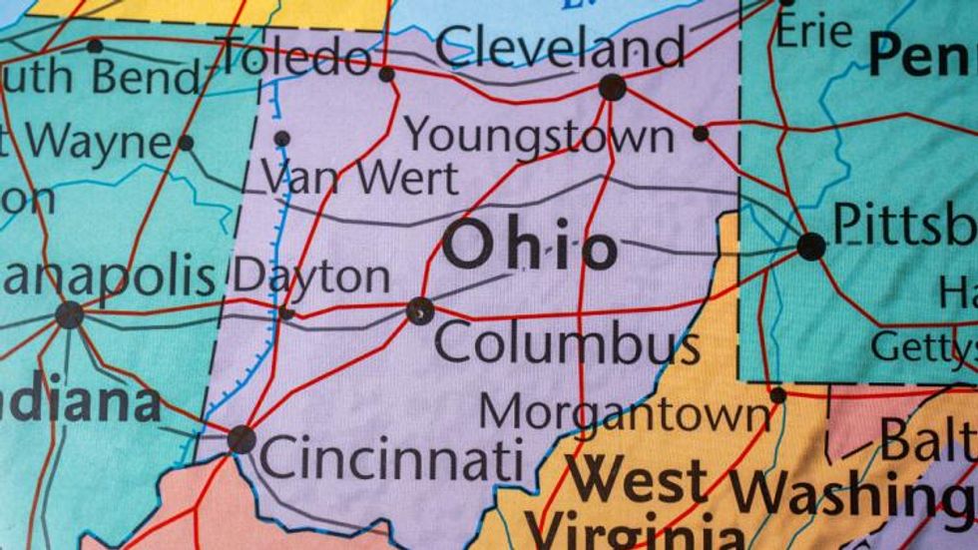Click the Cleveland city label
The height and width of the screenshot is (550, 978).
561,47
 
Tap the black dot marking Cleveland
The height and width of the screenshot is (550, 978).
612,88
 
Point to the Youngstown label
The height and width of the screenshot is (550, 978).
539,136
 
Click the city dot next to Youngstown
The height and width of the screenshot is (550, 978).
701,133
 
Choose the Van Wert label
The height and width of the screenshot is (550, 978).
360,179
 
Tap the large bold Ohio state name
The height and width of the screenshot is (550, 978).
530,246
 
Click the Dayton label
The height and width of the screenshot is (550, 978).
310,276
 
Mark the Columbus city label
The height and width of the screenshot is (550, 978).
567,344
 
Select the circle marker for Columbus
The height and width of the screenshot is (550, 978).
420,310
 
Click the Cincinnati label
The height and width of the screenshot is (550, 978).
391,461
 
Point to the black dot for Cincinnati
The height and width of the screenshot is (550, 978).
241,439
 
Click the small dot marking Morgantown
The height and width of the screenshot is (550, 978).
777,395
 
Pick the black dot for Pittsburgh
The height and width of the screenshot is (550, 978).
811,247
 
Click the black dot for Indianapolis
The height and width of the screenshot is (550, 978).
69,315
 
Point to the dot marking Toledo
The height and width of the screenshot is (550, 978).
387,74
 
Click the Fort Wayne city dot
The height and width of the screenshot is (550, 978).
186,143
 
